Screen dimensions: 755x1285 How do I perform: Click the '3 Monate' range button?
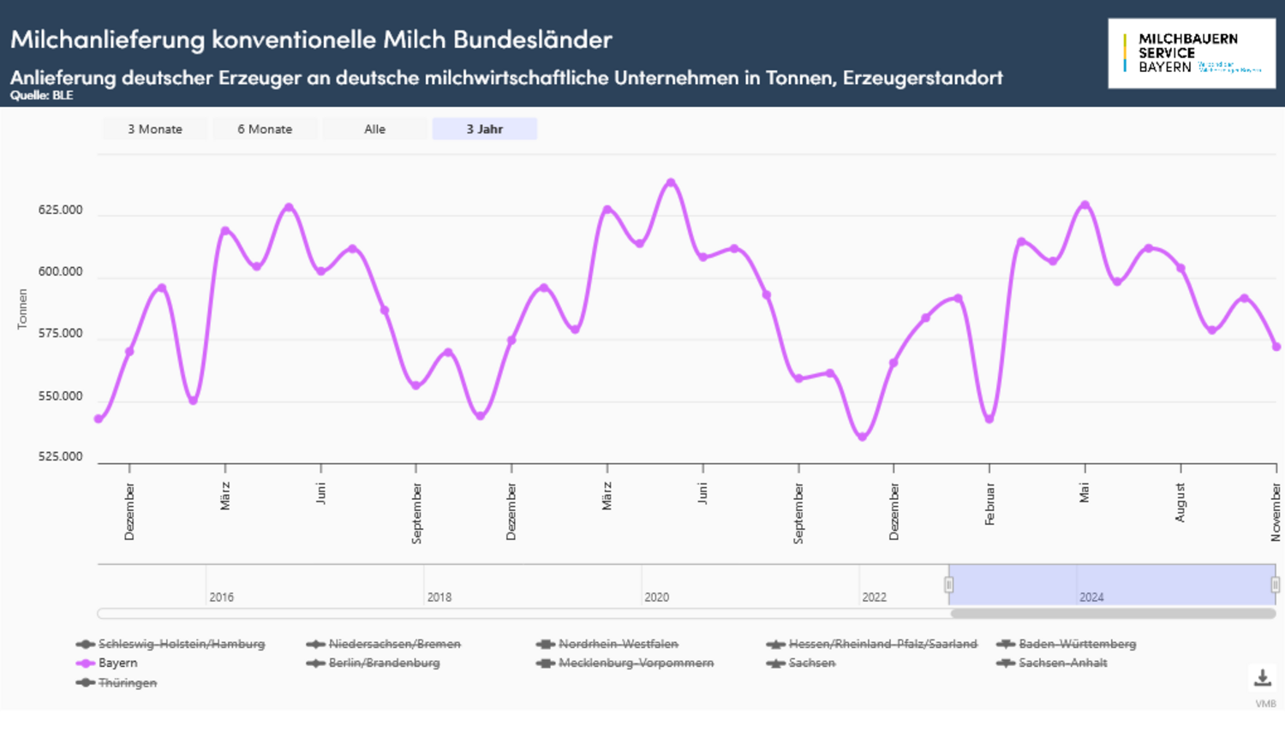(x=155, y=129)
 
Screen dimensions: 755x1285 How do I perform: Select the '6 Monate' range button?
(x=265, y=129)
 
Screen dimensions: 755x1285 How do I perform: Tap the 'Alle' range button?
(x=374, y=129)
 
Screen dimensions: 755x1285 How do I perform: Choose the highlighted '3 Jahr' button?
(x=484, y=129)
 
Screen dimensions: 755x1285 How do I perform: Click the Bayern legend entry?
(x=117, y=663)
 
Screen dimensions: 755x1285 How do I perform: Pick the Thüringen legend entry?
(x=127, y=683)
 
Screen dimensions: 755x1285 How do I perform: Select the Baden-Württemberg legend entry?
(x=1077, y=644)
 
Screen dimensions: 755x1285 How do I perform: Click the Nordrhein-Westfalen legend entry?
(x=618, y=644)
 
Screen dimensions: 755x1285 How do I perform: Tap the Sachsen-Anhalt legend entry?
(x=1062, y=663)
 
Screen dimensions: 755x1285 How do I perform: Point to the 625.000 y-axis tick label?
(x=60, y=210)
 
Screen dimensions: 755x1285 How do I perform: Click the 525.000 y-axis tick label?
(x=60, y=456)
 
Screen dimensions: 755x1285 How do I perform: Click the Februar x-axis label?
(x=989, y=504)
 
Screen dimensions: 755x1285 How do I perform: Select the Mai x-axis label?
(x=1085, y=493)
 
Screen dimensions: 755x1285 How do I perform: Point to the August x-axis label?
(x=1180, y=502)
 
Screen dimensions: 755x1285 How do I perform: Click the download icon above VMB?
(x=1263, y=678)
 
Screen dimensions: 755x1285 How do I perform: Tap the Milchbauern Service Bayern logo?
(x=1191, y=53)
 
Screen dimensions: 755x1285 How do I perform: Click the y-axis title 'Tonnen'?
(x=22, y=309)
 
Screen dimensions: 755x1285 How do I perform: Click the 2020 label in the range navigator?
(x=656, y=597)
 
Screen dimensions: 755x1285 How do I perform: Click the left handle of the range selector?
(x=948, y=585)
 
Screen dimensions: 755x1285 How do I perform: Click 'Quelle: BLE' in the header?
(x=41, y=95)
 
